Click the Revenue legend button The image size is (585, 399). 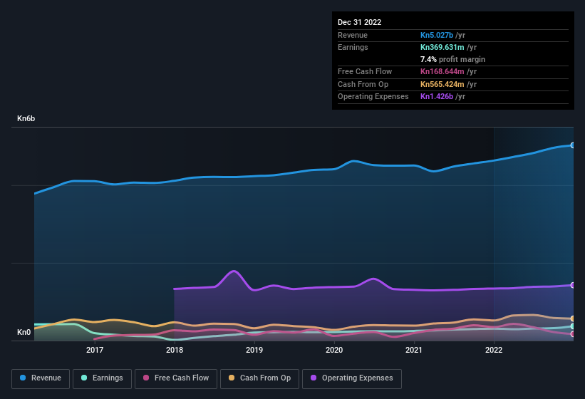point(41,378)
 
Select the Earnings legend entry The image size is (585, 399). point(100,378)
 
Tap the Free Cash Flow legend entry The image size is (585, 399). point(175,378)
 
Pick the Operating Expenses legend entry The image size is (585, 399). point(352,378)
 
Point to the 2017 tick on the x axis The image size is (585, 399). point(95,350)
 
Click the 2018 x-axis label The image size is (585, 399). point(175,350)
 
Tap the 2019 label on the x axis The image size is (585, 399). point(254,350)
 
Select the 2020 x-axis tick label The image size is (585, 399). point(334,350)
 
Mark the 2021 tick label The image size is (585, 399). point(414,350)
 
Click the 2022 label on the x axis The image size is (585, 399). point(494,350)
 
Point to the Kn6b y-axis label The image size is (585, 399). point(26,118)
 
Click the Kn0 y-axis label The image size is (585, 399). point(24,332)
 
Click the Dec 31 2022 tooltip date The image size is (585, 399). point(360,22)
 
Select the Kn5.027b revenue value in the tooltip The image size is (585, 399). point(442,35)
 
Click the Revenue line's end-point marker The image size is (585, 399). point(572,145)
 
